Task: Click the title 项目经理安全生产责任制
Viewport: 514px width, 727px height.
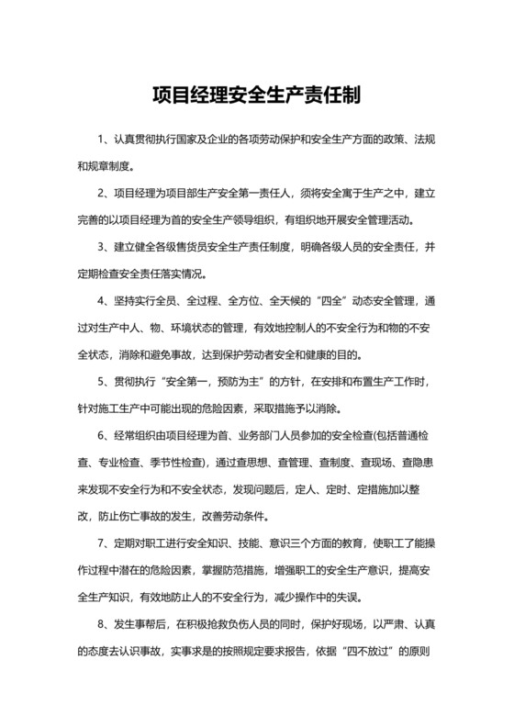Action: click(x=257, y=95)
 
